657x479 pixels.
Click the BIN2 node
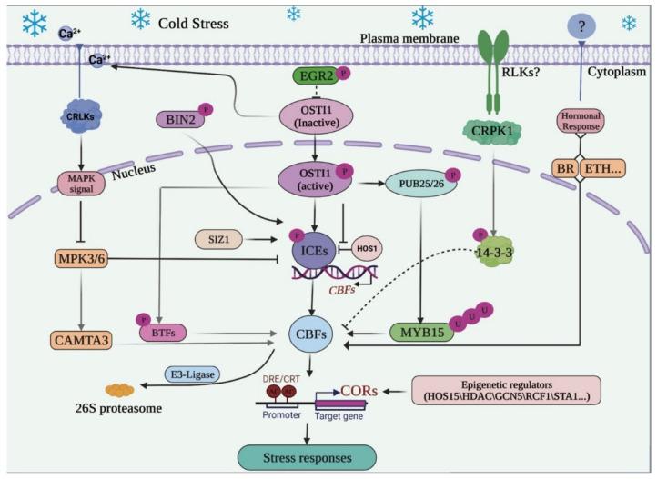pos(184,119)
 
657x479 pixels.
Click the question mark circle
pos(579,27)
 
